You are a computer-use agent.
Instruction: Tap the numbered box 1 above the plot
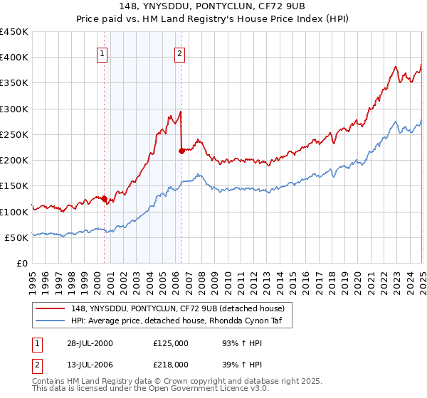(102, 53)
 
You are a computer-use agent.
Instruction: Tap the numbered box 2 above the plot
(179, 53)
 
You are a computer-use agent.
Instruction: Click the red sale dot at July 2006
(182, 151)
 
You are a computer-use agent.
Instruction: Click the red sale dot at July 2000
(105, 198)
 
